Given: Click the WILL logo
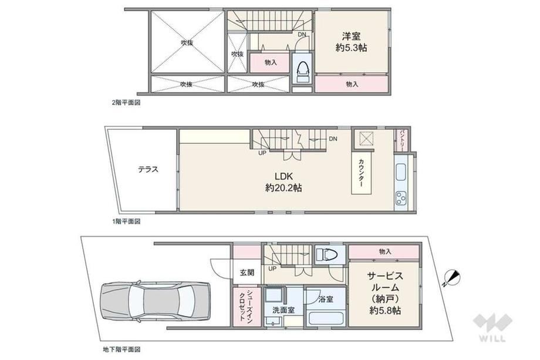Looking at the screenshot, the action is click(492, 327).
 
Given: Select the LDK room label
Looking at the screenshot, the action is click(283, 182).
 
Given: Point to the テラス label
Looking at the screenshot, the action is click(148, 169).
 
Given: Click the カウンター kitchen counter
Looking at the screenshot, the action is click(362, 173).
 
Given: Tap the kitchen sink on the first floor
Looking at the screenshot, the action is click(401, 172).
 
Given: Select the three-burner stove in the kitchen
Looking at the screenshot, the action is click(401, 198).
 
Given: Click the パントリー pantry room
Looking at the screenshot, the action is click(402, 140).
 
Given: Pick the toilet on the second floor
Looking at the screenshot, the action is click(303, 72).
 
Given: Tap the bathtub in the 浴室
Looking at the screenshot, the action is click(325, 318).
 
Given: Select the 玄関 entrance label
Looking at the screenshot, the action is click(247, 272).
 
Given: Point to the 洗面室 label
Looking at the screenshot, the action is click(283, 309).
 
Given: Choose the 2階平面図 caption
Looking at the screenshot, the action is click(126, 102).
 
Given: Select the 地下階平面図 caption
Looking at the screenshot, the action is click(122, 349).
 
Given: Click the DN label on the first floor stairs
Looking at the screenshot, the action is click(333, 139).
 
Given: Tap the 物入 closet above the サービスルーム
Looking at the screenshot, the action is click(384, 252).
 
